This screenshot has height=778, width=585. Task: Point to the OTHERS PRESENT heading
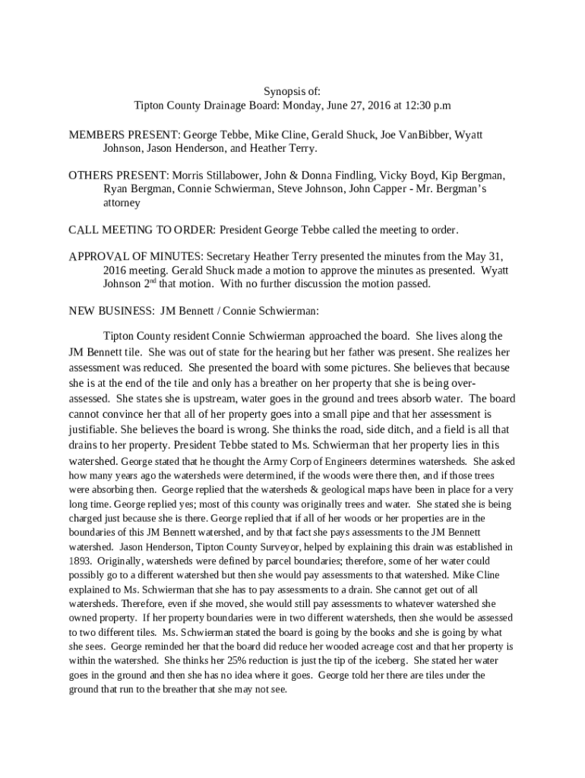[x=118, y=175]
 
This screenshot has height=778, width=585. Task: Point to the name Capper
[x=395, y=189]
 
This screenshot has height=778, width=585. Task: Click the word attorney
[x=122, y=204]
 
